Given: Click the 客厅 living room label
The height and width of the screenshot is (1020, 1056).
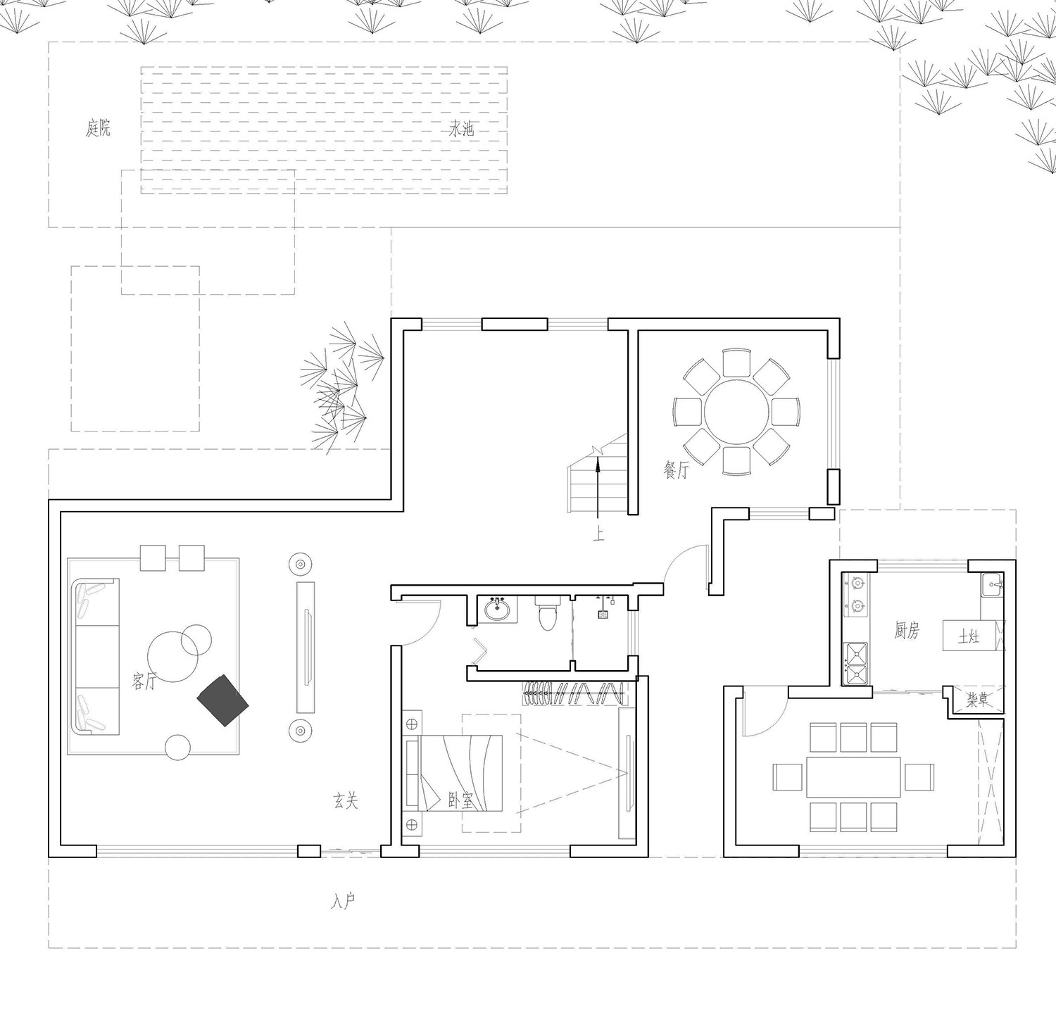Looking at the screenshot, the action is (x=144, y=680).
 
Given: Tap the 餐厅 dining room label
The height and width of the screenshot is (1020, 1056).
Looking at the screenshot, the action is (x=675, y=470).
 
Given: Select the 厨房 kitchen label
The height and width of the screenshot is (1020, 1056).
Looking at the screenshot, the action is (x=907, y=631).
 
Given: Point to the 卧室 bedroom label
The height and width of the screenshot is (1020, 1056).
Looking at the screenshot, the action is (x=460, y=800).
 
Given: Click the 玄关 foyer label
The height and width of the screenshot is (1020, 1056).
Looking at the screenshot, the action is (x=346, y=800).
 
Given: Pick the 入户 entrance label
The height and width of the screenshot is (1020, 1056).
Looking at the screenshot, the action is (x=342, y=902).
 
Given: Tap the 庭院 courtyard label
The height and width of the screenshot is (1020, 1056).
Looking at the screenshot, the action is (x=99, y=128).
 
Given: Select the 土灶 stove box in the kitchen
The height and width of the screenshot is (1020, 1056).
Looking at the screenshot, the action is (x=970, y=637).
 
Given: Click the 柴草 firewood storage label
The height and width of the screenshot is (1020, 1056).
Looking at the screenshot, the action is (x=976, y=700).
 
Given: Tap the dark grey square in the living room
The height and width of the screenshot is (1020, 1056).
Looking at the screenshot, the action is (x=223, y=700).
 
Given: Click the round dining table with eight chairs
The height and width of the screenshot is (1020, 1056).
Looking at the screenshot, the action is (x=736, y=412).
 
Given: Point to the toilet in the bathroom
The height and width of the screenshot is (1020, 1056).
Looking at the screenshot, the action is (x=546, y=612).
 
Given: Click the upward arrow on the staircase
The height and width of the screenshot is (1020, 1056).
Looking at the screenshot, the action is (x=597, y=489).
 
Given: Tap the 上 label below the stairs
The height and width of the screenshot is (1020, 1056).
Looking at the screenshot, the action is (x=598, y=536).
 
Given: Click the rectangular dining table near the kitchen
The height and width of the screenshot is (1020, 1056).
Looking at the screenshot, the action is (x=853, y=777).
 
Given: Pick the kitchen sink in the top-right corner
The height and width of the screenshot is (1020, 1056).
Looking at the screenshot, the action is (x=993, y=585).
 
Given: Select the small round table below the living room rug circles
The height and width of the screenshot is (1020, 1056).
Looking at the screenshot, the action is (x=177, y=748).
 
